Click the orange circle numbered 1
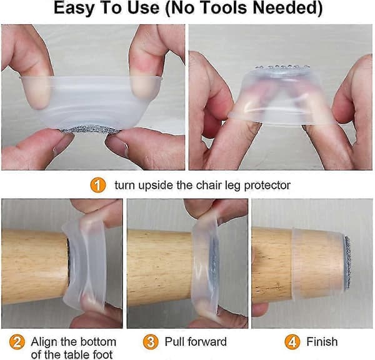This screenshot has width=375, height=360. tap(98, 185)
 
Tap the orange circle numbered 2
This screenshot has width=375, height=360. tap(17, 342)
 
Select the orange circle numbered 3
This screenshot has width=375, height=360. tap(151, 342)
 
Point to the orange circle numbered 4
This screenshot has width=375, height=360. tap(292, 342)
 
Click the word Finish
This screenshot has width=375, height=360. tap(322, 342)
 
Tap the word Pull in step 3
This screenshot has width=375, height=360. tap(174, 342)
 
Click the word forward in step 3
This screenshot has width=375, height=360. tap(207, 342)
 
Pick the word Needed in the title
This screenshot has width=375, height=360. tap(287, 8)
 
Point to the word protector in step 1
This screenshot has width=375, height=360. tap(267, 186)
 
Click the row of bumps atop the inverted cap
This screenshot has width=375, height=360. tap(282, 67)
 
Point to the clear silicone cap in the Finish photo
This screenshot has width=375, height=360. tap(318, 263)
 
